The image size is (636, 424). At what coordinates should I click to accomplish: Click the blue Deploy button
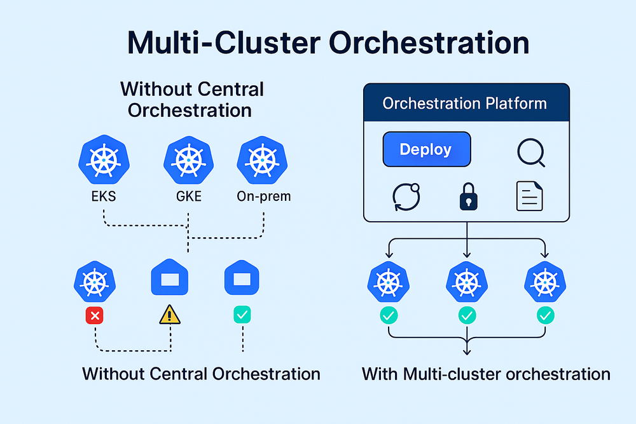pos(426,149)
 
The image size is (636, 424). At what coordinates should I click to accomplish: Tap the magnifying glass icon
pos(530,153)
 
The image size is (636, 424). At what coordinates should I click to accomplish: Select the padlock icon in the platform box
pos(467,196)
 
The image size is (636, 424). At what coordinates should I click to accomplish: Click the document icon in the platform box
pos(529,196)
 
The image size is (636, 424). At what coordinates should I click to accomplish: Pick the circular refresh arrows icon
pos(404,196)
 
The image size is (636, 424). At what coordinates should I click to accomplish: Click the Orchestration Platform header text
pos(465,104)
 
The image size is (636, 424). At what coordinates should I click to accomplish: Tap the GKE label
pos(188,196)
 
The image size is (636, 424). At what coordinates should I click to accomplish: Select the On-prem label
pos(263,196)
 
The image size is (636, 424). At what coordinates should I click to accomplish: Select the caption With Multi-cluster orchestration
pos(486,373)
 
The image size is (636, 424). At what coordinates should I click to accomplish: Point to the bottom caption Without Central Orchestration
pos(201,373)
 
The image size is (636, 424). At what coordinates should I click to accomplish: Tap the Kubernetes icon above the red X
pos(95,280)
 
